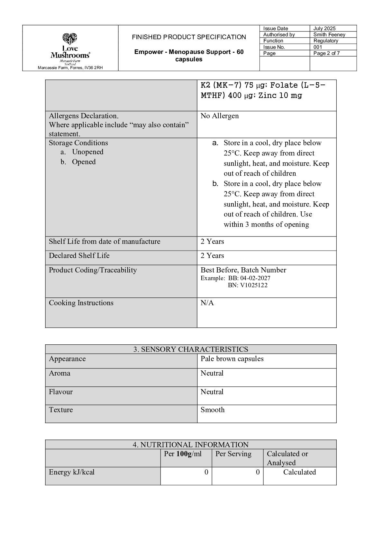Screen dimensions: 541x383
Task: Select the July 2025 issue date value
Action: (x=324, y=29)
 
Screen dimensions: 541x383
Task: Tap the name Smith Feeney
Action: (x=329, y=35)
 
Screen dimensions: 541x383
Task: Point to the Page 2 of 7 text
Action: (x=326, y=53)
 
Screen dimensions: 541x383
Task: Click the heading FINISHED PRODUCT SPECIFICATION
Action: (x=189, y=37)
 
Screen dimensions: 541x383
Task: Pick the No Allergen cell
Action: (x=219, y=116)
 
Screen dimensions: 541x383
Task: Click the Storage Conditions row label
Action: (x=78, y=143)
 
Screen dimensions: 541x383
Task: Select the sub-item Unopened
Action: (x=87, y=152)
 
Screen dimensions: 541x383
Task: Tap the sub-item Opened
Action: (x=84, y=162)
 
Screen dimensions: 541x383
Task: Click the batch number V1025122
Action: (x=254, y=285)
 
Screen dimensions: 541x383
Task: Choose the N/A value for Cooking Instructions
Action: (x=207, y=303)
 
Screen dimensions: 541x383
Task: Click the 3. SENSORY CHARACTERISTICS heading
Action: (x=191, y=349)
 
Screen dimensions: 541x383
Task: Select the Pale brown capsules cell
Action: (x=232, y=359)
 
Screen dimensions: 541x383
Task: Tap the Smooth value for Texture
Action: (x=213, y=410)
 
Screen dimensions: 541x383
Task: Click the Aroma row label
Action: (x=59, y=373)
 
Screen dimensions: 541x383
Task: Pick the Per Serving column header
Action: (x=233, y=454)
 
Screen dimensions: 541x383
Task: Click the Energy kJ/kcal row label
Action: (x=72, y=472)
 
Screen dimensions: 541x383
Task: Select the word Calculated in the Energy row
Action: (x=299, y=472)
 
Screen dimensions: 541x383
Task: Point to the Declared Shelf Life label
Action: (x=79, y=256)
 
